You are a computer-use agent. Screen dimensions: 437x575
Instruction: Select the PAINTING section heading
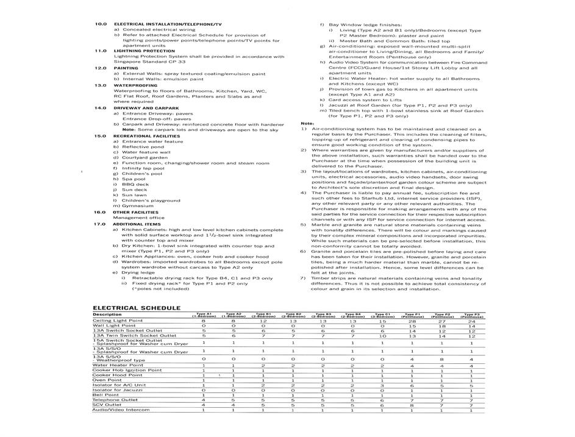(x=126, y=68)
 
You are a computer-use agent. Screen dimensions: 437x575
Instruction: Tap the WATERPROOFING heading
(x=134, y=85)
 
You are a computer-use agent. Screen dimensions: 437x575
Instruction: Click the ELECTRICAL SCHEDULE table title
(x=137, y=308)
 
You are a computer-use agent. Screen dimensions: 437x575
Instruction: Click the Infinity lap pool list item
(x=143, y=168)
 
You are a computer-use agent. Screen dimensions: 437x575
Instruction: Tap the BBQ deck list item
(x=135, y=184)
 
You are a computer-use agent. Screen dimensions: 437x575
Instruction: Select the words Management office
(x=139, y=218)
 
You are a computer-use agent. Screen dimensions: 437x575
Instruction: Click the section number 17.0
(x=100, y=224)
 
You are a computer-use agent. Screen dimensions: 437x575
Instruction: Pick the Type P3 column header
(x=471, y=315)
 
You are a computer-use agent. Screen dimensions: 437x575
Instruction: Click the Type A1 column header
(x=203, y=315)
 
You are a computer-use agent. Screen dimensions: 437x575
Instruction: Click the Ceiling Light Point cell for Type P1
(x=412, y=321)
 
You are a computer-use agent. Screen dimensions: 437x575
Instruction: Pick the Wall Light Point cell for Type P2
(x=442, y=326)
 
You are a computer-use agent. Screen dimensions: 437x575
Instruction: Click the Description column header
(x=107, y=314)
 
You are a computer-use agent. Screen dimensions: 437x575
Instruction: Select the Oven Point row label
(x=107, y=380)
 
